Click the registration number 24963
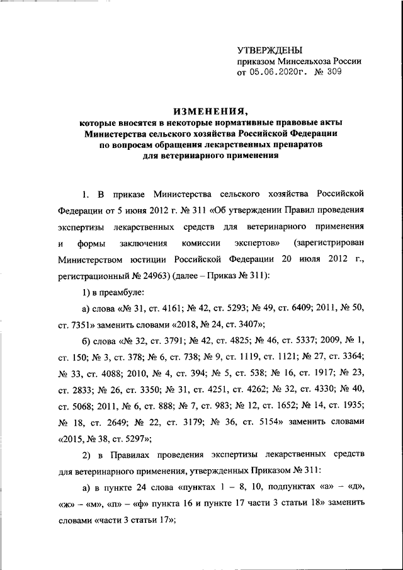point(171,275)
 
